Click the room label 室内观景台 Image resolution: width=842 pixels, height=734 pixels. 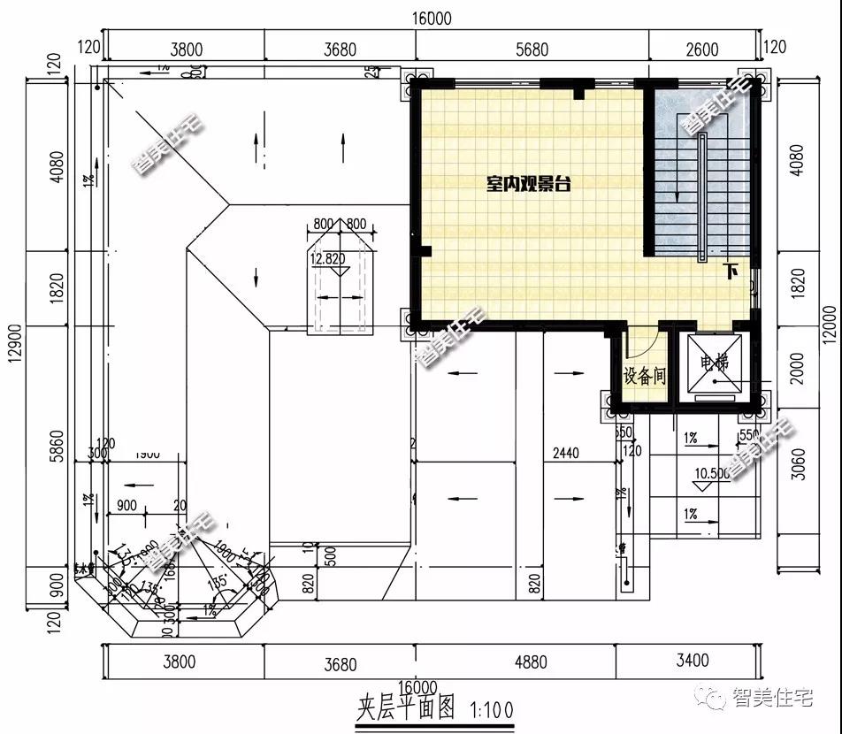528,184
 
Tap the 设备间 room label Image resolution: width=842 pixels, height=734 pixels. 645,377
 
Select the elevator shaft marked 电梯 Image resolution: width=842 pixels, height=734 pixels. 716,363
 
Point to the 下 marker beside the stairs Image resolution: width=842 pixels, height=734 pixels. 731,272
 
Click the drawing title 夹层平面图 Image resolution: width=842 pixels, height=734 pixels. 406,709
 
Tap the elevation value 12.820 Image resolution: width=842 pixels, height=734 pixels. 327,259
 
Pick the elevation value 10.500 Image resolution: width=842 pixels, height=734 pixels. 712,473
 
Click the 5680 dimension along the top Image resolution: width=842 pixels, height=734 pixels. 532,50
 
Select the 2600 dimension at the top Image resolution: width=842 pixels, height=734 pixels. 702,50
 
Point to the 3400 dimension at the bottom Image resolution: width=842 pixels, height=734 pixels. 691,661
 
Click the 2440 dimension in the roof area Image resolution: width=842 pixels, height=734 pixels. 565,454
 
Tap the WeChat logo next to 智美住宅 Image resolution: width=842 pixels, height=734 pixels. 713,699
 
